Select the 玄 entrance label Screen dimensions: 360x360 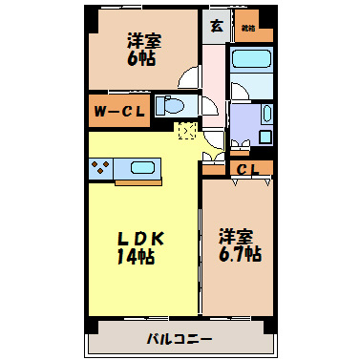click(216, 26)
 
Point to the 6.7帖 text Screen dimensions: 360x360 click(239, 254)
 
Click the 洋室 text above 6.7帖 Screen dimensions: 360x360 click(239, 236)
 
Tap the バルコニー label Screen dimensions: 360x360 click(180, 338)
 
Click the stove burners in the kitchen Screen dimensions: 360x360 click(100, 169)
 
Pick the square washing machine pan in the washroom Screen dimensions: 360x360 click(244, 121)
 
